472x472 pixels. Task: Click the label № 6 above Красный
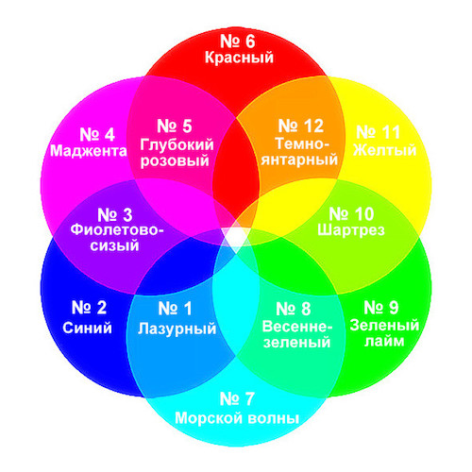coord(237,42)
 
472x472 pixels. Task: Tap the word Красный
coord(239,58)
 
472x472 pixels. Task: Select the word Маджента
coord(89,151)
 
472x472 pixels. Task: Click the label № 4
coord(97,134)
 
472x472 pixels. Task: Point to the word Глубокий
coord(177,144)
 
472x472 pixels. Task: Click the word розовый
coord(175,160)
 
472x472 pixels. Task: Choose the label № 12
coord(300,126)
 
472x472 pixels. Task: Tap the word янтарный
coord(299,160)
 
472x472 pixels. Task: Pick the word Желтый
coord(385,150)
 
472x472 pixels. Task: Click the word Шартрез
coord(351,229)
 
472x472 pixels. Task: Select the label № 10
coord(351,214)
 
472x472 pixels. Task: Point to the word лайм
coord(384,342)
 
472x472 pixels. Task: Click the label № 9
coord(381,308)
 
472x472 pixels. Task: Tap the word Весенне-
coord(297,327)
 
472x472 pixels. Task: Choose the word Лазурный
coord(177,329)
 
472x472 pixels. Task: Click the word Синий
coord(87,328)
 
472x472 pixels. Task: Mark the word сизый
coord(114,245)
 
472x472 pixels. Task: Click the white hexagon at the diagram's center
coord(235,237)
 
